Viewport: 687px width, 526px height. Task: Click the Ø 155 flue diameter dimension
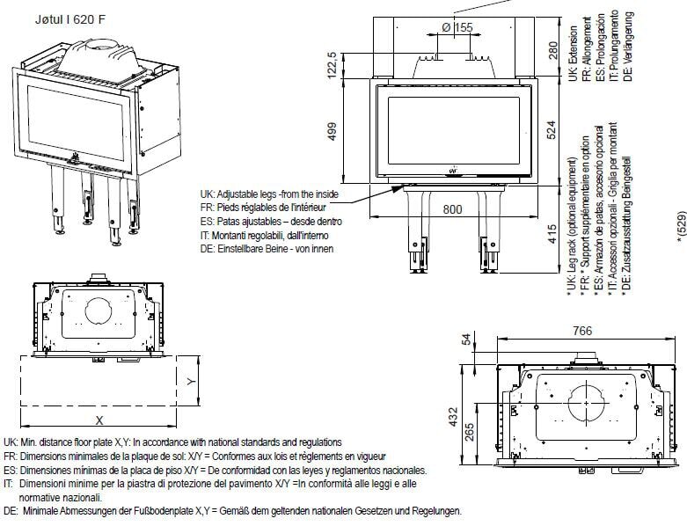point(457,28)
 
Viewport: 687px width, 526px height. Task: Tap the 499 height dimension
point(332,132)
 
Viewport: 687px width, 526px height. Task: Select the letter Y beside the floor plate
point(191,381)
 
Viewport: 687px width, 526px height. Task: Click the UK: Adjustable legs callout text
point(267,194)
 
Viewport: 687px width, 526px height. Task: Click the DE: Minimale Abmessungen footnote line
point(230,511)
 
